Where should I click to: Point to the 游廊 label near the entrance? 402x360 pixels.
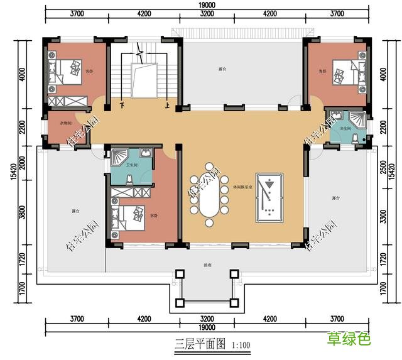click(207, 266)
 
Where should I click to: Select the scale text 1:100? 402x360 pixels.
click(240, 345)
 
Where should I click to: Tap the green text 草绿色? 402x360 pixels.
click(348, 340)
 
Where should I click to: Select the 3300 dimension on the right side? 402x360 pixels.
click(384, 217)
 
